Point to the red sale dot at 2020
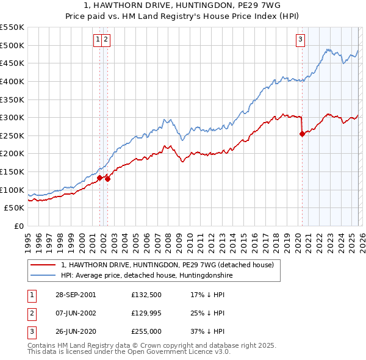pyautogui.click(x=302, y=134)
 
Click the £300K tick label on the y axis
pyautogui.click(x=12, y=117)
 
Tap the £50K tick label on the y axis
pyautogui.click(x=15, y=208)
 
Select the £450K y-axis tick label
pyautogui.click(x=12, y=63)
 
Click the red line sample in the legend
pyautogui.click(x=43, y=265)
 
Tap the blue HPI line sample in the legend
pyautogui.click(x=43, y=275)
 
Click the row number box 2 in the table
pyautogui.click(x=31, y=313)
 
